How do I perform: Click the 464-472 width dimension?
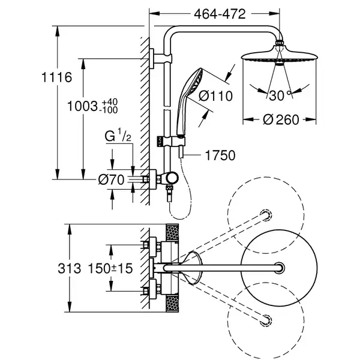(x=220, y=14)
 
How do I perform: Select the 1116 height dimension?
(x=57, y=77)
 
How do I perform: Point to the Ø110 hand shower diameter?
(x=215, y=96)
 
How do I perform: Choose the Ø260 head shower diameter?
(x=281, y=119)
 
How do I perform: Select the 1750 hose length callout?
(x=220, y=155)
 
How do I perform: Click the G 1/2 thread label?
(x=118, y=136)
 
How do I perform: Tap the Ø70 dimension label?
(x=112, y=179)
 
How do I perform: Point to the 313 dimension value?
(x=70, y=268)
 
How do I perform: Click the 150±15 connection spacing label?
(x=110, y=268)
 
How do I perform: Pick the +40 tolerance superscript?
(x=110, y=102)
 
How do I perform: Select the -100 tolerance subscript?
(x=108, y=110)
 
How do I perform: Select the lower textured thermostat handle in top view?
(x=172, y=304)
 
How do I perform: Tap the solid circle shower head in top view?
(x=280, y=268)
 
